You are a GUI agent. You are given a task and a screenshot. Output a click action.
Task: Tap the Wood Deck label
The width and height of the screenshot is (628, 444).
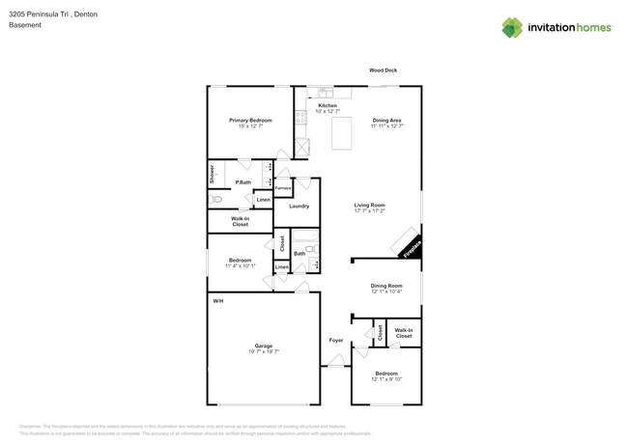(x=384, y=70)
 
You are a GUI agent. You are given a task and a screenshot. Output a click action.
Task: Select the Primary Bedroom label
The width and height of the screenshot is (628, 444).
(x=250, y=120)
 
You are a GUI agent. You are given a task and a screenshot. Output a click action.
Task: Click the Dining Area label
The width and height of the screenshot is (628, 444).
(x=387, y=120)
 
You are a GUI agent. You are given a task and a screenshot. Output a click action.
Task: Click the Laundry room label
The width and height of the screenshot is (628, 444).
(x=299, y=206)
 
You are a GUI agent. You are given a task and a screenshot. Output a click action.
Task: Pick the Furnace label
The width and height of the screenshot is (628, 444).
(x=283, y=187)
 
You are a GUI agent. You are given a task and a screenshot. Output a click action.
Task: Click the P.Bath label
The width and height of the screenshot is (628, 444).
(x=243, y=182)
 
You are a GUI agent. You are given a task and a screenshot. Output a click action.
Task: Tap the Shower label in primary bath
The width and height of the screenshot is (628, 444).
(x=212, y=174)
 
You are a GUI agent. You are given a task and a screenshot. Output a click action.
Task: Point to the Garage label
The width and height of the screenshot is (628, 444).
(x=264, y=346)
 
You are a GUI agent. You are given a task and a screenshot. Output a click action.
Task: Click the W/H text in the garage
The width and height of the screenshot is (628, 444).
(x=218, y=301)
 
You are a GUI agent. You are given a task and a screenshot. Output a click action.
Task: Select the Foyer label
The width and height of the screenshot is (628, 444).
(x=336, y=340)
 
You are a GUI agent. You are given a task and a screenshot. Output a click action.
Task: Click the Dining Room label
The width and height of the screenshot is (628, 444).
(x=386, y=286)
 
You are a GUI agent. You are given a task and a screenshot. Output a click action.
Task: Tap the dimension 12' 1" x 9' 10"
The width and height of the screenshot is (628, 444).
(x=386, y=379)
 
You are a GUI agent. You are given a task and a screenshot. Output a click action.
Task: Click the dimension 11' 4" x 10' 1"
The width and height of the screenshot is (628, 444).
(x=241, y=265)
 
